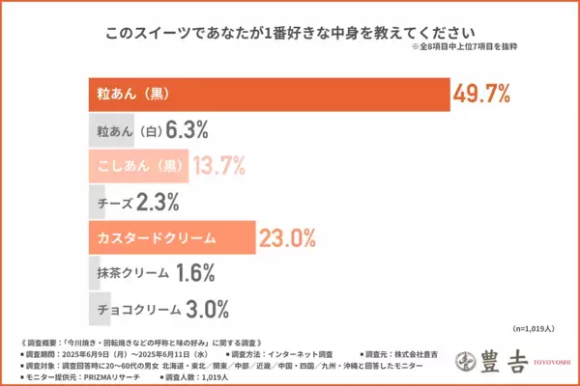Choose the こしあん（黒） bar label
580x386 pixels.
(140, 165)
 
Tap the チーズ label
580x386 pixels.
(115, 201)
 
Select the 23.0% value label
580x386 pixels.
(286, 236)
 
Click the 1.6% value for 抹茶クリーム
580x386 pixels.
(195, 273)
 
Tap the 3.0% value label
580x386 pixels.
(209, 309)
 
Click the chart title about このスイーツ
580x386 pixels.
(291, 32)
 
